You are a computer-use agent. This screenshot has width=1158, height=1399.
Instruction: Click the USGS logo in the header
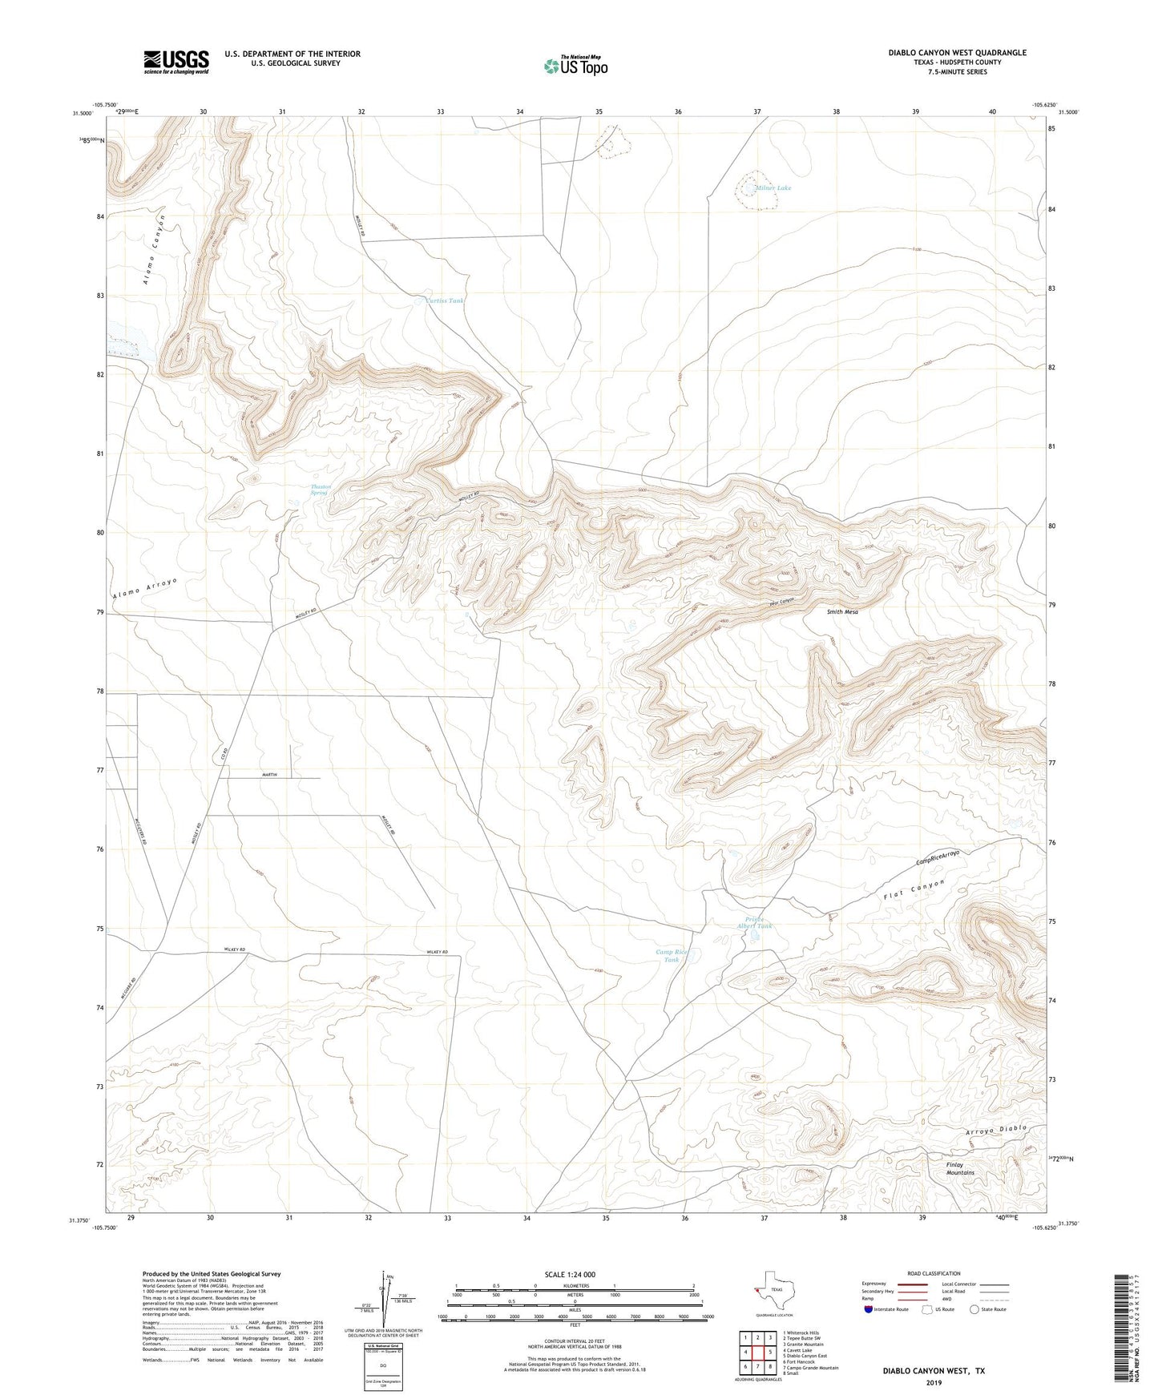click(176, 62)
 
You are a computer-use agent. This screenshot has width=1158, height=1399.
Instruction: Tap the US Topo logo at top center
click(575, 66)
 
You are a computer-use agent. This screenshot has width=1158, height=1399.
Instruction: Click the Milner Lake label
click(773, 188)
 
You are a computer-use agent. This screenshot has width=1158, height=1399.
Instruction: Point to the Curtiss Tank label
click(444, 301)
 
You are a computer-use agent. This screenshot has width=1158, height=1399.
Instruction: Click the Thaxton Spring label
click(320, 490)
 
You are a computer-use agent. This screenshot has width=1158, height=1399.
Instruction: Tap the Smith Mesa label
click(842, 612)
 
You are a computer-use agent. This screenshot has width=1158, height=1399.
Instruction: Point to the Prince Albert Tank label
click(754, 922)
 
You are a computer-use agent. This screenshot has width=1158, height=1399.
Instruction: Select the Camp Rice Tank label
click(672, 956)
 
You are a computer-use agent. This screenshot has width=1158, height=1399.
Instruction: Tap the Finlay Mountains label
click(960, 1169)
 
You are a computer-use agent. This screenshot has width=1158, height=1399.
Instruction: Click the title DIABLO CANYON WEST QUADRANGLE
click(957, 53)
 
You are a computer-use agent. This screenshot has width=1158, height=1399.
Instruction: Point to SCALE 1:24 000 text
click(570, 1275)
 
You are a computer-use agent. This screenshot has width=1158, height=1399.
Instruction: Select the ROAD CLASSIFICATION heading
click(934, 1273)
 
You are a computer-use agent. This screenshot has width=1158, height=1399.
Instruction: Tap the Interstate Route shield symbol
click(870, 1309)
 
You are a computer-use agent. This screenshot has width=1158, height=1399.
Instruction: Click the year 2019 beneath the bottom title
click(934, 1383)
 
